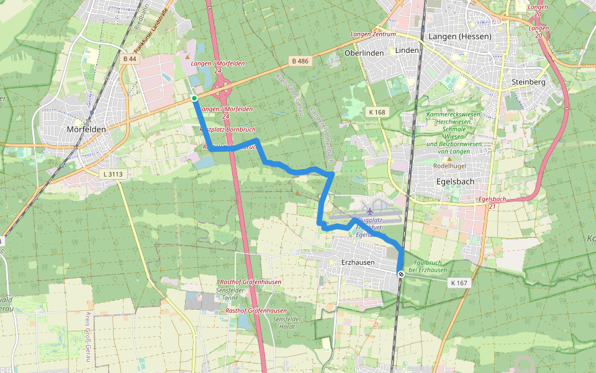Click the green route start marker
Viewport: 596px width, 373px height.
(194, 98)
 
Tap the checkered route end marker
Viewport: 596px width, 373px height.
(400, 274)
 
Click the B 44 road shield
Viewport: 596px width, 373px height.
(130, 58)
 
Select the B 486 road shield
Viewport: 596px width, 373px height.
(299, 61)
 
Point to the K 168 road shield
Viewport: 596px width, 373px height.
(376, 113)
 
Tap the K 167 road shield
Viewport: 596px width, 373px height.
(459, 283)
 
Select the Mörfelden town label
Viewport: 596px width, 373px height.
(86, 129)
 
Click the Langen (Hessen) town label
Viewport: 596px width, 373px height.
(460, 36)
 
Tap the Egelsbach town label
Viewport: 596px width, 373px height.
(456, 182)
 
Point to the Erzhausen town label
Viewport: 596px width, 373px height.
(358, 262)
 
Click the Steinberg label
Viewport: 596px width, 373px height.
(528, 82)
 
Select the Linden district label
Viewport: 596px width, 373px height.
(407, 50)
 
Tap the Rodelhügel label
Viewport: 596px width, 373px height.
(449, 167)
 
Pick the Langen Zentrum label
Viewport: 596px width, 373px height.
(373, 34)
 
